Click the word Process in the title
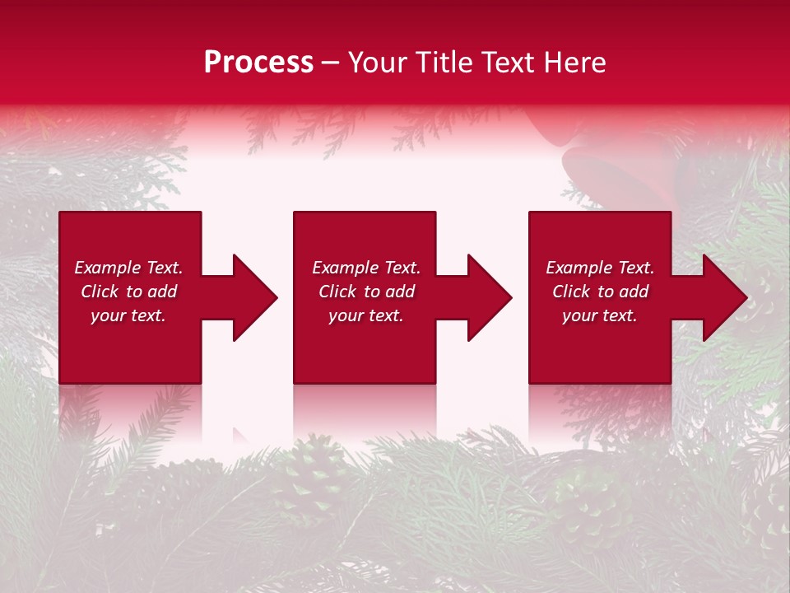point(258,63)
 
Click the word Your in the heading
point(379,63)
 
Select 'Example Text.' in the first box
point(129,268)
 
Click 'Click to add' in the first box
point(129,292)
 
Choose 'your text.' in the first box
point(129,315)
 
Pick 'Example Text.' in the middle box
point(366,268)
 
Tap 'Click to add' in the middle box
point(366,292)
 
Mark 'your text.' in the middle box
point(366,315)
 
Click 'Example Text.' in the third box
point(600,268)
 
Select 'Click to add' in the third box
point(600,292)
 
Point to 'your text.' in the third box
point(600,315)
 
